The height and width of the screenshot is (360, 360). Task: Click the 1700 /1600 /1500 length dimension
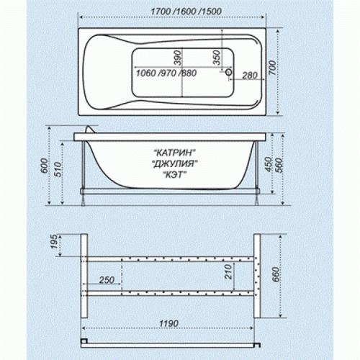tap(186, 12)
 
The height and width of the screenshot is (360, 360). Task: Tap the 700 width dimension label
tap(272, 68)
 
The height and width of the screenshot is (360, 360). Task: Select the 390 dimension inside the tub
tap(178, 58)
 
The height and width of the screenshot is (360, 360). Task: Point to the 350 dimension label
tap(217, 58)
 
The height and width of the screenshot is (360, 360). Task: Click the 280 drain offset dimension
tap(250, 76)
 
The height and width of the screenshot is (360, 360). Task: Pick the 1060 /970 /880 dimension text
tap(166, 73)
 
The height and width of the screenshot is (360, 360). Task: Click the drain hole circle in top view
tap(229, 72)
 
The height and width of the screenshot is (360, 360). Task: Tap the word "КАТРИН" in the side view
tap(174, 153)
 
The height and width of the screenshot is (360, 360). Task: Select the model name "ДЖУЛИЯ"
tap(175, 163)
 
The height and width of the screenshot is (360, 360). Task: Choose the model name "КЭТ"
tap(174, 175)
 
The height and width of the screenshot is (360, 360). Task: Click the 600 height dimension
tap(45, 166)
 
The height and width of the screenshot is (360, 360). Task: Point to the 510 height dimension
tap(58, 169)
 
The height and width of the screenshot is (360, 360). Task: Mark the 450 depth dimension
tap(269, 165)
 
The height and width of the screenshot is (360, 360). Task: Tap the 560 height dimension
tap(279, 165)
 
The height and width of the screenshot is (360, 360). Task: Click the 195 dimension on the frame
tap(54, 241)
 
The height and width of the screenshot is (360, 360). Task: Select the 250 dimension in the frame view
tap(107, 280)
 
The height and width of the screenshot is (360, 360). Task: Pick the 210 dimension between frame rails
tap(229, 271)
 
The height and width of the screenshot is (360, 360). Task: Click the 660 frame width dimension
tap(276, 274)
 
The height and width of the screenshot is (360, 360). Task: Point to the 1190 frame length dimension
tap(169, 323)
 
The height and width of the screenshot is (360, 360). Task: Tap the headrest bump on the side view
tap(91, 129)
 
